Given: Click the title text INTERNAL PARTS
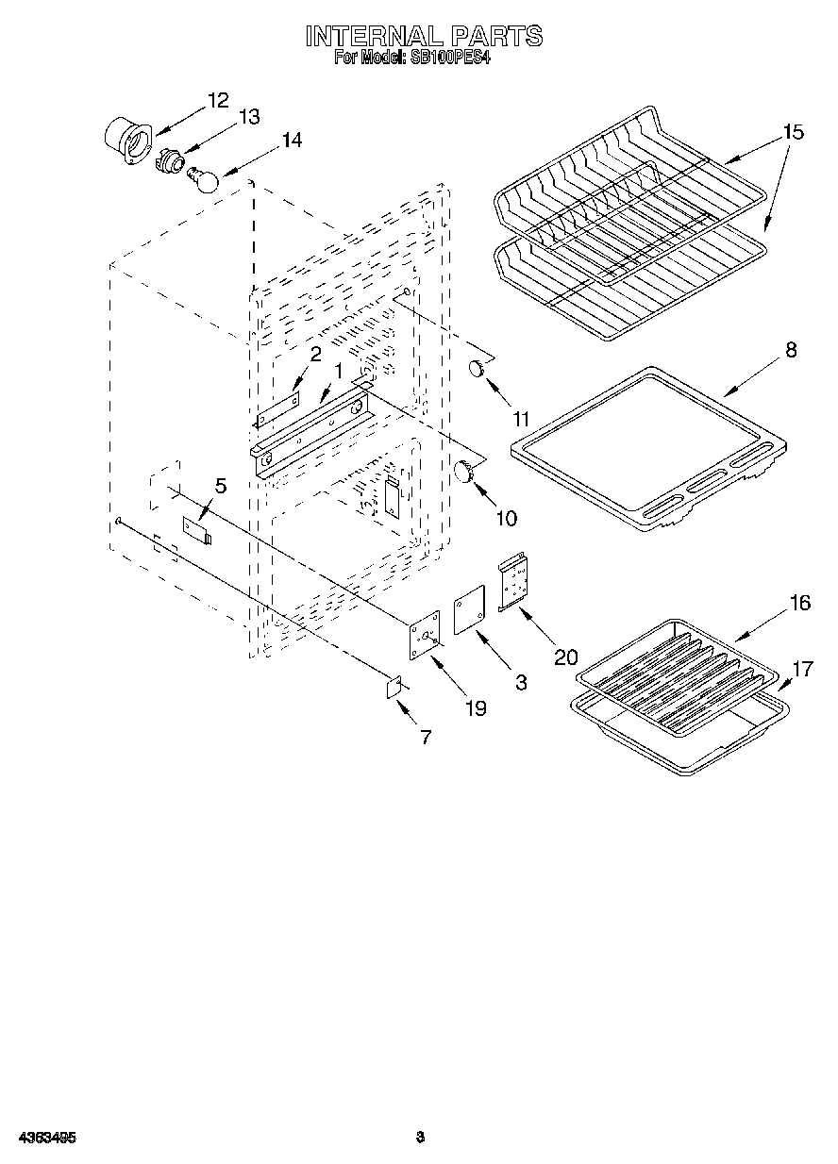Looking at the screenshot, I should pos(424,36).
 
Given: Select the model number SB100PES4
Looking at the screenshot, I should pos(450,58).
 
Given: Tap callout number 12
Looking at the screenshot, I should pos(218,100).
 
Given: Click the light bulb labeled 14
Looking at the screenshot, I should pos(206,178).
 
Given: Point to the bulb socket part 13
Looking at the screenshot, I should pos(168,160).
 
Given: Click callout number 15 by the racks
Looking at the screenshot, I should pos(793,133).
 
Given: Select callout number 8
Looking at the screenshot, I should pos(790,350).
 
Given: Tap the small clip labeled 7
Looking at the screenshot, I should pos(394,688).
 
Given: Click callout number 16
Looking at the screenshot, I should pos(799,603).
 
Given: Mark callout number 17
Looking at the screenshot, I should pos(801,670).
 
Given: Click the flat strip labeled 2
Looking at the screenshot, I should pos(277,409).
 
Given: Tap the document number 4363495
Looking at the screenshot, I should pos(45,1138).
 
